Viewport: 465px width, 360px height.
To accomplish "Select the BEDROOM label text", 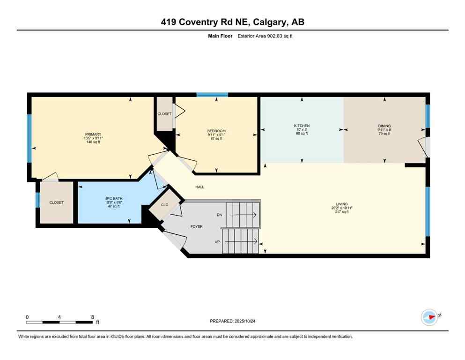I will coord(216,131).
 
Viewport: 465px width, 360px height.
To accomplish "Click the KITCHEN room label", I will coord(302,126).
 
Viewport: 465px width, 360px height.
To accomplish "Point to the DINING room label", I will coord(384,126).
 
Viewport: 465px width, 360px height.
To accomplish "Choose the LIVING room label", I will coord(341,204).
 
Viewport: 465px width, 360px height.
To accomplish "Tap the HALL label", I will coord(200,187).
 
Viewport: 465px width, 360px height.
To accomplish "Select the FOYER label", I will coord(196,226).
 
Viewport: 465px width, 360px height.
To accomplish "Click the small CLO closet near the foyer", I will coord(165,205).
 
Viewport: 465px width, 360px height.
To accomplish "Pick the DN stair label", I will coord(219,215).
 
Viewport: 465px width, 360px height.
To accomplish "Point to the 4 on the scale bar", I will coord(59,317).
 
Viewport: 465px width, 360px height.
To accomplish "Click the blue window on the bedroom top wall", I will coord(212,95).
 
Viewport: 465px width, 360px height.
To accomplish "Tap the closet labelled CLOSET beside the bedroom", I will coord(164,114).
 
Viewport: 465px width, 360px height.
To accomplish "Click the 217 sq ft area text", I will coord(341,212).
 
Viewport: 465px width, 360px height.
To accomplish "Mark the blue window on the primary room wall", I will coord(29,138).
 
